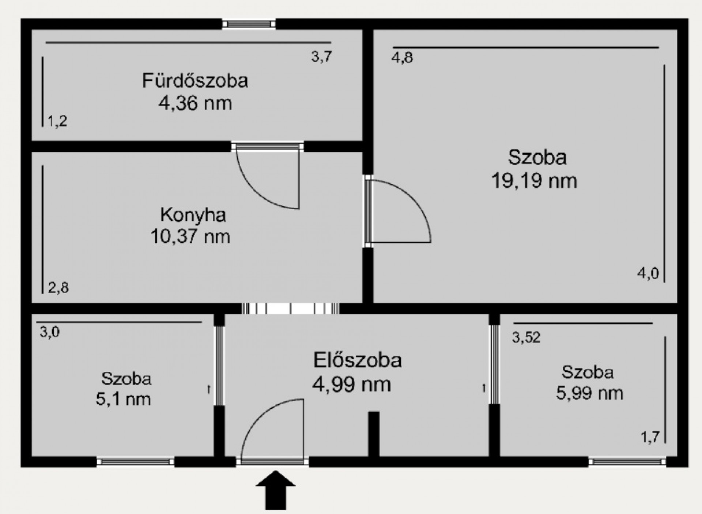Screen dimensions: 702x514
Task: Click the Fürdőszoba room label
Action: pyautogui.click(x=195, y=80)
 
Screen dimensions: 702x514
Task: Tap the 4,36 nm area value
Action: pyautogui.click(x=195, y=103)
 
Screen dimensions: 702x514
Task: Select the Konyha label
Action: pyautogui.click(x=193, y=215)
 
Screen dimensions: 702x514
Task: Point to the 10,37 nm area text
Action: pyautogui.click(x=190, y=237)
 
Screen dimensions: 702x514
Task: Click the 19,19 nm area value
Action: pyautogui.click(x=534, y=181)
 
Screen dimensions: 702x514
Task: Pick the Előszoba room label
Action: pyautogui.click(x=358, y=360)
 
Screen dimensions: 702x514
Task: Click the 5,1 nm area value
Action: pyautogui.click(x=123, y=399)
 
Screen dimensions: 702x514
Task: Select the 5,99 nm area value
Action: pyautogui.click(x=589, y=393)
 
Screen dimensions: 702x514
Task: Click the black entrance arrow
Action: pyautogui.click(x=275, y=490)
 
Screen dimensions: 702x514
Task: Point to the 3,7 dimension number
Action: pyautogui.click(x=322, y=57)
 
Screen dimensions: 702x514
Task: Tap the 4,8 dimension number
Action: pyautogui.click(x=402, y=58)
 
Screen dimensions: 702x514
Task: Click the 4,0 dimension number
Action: pyautogui.click(x=648, y=273)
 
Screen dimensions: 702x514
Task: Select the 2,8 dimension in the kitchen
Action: pyautogui.click(x=58, y=288)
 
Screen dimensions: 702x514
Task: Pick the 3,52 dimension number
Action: pyautogui.click(x=526, y=337)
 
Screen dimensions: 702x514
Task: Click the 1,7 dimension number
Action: pyautogui.click(x=650, y=437)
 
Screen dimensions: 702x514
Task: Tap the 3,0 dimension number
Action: pyautogui.click(x=50, y=332)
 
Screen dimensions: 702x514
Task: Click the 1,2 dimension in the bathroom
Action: pyautogui.click(x=57, y=121)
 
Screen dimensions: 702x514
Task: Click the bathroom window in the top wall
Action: pyautogui.click(x=249, y=24)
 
